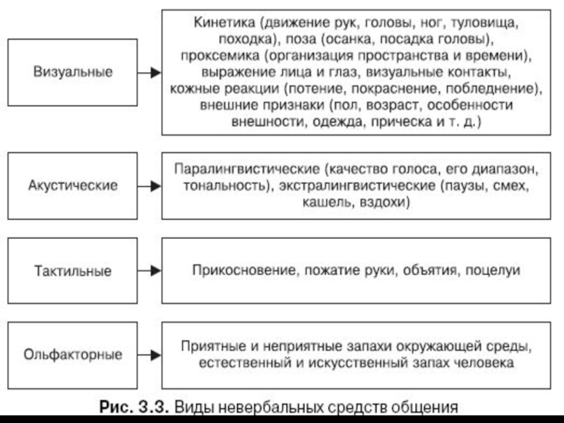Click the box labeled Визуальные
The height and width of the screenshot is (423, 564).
(73, 72)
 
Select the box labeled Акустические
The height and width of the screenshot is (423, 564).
(73, 187)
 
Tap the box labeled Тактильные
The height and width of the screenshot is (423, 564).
(73, 271)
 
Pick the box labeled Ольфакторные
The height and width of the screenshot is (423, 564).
(73, 353)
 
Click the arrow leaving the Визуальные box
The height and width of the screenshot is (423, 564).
(149, 72)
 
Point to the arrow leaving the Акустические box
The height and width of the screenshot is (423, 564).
(149, 187)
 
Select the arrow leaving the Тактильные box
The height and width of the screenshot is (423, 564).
(149, 271)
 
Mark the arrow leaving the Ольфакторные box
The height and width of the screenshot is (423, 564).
(149, 353)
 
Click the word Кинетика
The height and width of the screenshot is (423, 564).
(219, 22)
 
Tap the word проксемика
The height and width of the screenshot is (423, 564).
(215, 55)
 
